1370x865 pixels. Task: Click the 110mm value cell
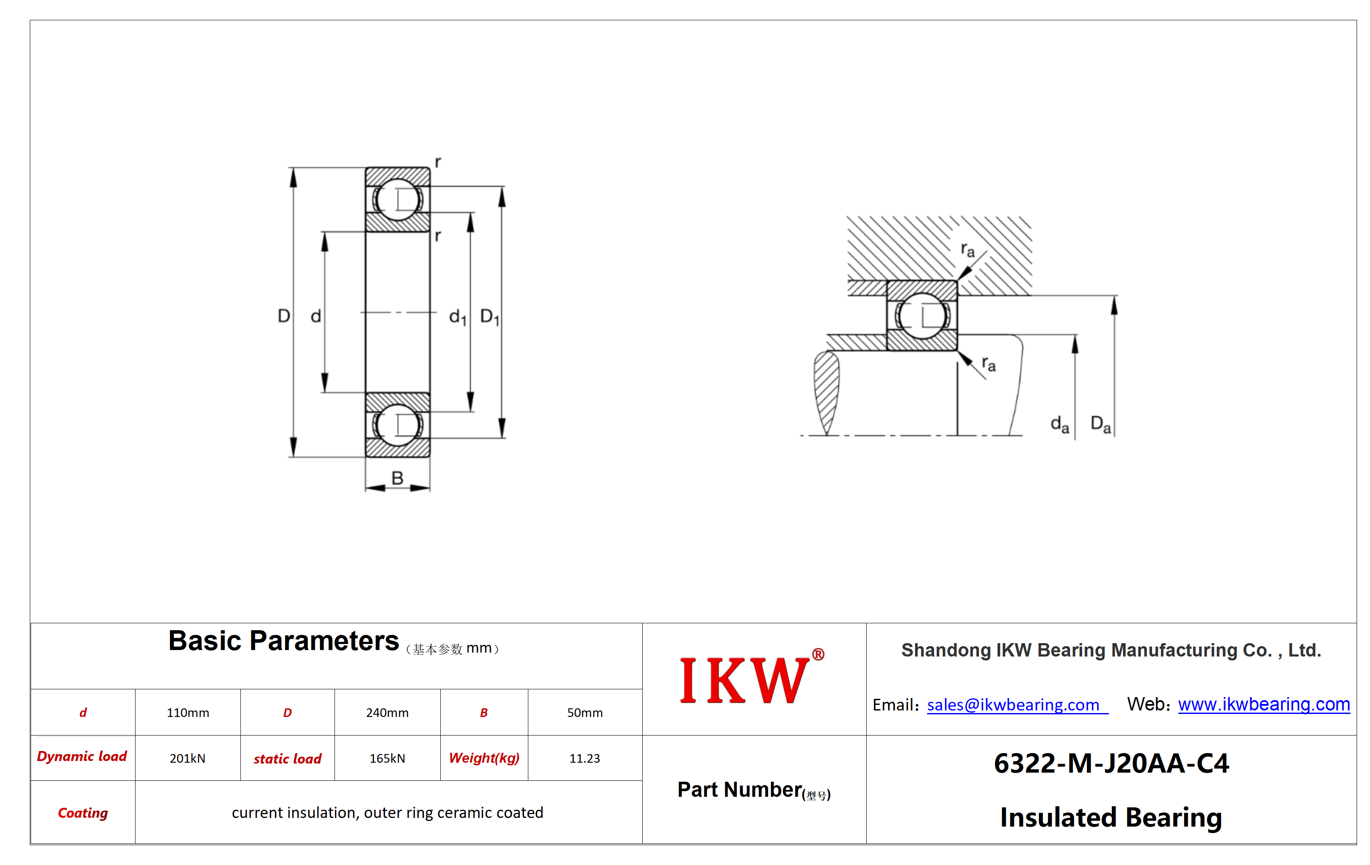click(x=188, y=713)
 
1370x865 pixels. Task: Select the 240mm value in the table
click(x=387, y=713)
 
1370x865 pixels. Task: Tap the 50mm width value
click(x=584, y=713)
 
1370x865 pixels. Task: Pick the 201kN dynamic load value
click(x=187, y=758)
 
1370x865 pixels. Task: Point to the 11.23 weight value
click(x=584, y=758)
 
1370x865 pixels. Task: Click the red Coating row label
click(x=83, y=813)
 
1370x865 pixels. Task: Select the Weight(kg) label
click(x=484, y=758)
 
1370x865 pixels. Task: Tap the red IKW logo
click(x=751, y=679)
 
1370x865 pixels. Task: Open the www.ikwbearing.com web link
click(x=1264, y=704)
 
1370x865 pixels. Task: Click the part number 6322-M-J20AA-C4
click(x=1111, y=763)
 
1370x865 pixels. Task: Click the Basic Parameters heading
click(x=283, y=641)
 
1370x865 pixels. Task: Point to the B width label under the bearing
click(x=397, y=478)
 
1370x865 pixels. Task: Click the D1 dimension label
click(x=489, y=316)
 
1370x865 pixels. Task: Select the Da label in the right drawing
click(x=1100, y=424)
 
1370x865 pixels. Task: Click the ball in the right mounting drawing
click(x=922, y=316)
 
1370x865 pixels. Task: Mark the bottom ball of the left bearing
click(x=398, y=425)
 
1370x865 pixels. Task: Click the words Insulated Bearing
click(x=1111, y=818)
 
